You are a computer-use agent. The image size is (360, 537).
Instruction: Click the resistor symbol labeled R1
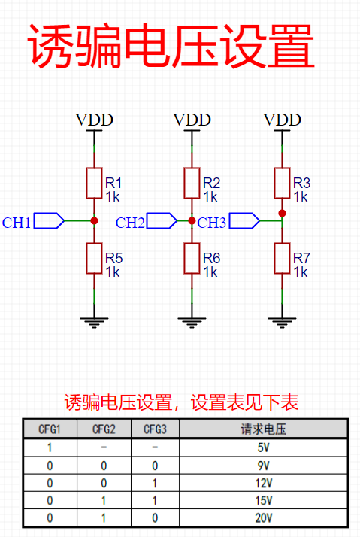(x=94, y=184)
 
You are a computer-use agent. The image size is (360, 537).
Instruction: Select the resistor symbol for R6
(x=192, y=259)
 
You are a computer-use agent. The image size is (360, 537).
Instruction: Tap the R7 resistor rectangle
(x=282, y=259)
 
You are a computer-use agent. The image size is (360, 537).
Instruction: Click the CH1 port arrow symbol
(x=49, y=220)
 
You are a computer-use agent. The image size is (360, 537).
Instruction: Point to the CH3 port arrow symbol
(x=244, y=220)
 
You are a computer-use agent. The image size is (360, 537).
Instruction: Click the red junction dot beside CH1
(x=94, y=221)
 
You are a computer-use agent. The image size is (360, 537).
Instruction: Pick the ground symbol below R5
(x=94, y=323)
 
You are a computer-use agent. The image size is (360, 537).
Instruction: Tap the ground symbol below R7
(x=282, y=323)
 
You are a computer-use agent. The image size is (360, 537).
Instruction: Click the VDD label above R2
(x=192, y=120)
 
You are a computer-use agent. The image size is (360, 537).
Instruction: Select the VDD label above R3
(x=282, y=120)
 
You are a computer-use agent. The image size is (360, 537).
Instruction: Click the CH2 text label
(x=130, y=223)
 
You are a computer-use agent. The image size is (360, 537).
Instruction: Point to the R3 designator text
(x=302, y=184)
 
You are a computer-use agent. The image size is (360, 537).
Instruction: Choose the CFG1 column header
(x=50, y=429)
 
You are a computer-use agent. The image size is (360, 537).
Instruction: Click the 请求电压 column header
(x=263, y=429)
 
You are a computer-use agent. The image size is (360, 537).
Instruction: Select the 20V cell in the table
(x=263, y=517)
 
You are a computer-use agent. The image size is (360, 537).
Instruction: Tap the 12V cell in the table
(x=263, y=483)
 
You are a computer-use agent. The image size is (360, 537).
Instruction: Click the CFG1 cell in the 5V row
(x=50, y=447)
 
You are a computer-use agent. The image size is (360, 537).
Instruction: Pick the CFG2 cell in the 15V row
(x=104, y=501)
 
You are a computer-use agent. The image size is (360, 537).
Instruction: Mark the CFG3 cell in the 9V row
(x=155, y=466)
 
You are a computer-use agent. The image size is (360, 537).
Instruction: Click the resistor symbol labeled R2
(x=192, y=184)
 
